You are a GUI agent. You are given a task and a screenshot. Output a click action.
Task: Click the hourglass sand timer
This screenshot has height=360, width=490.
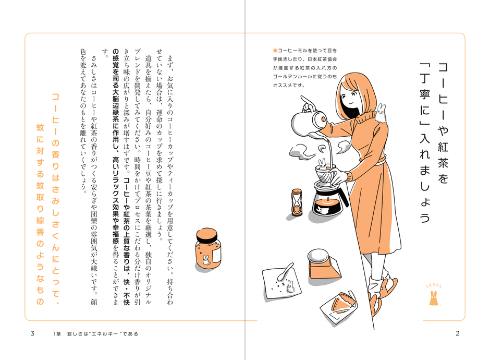297,202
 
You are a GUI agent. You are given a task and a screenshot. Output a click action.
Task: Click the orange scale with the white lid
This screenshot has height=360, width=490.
322,264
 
